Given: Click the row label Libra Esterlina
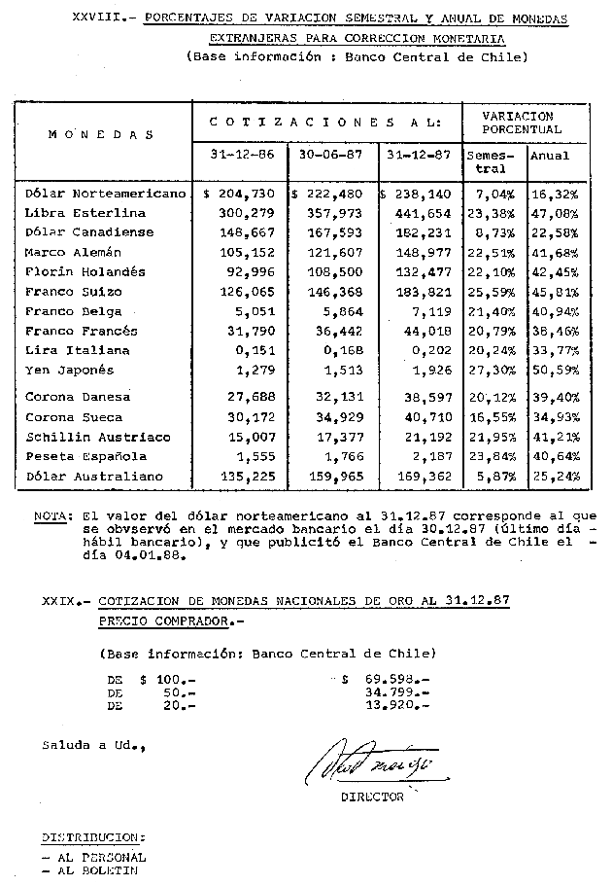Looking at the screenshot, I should [x=85, y=213].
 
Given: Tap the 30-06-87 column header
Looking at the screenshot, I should [x=330, y=156].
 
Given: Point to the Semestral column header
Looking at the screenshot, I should [x=493, y=161].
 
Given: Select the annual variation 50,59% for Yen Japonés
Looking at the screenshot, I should [x=558, y=371].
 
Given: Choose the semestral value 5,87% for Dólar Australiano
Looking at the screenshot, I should [x=493, y=478].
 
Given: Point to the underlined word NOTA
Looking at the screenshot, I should [x=48, y=517].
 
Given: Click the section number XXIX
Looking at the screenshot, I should [x=59, y=602].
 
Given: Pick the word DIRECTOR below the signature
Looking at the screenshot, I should [x=372, y=797].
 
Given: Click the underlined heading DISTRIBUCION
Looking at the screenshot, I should [x=93, y=836].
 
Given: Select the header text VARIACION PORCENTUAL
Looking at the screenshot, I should [x=526, y=123].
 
